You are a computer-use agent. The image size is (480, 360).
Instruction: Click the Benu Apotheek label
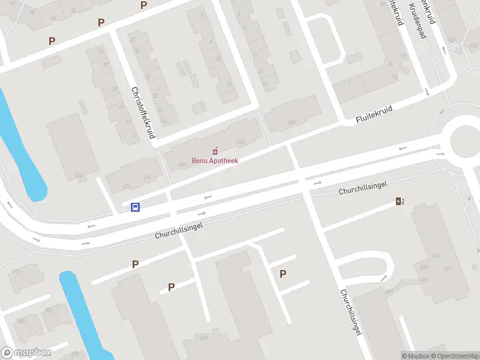[x=215, y=161]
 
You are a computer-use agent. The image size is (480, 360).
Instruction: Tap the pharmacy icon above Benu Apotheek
[x=215, y=150]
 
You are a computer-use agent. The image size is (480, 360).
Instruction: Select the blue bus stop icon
[x=136, y=208]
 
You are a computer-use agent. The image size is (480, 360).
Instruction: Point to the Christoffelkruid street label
[x=142, y=113]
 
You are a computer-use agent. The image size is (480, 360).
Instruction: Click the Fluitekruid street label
[x=373, y=116]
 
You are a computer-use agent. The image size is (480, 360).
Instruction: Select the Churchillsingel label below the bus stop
[x=179, y=230]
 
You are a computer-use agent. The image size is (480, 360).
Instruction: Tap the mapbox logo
[x=26, y=353]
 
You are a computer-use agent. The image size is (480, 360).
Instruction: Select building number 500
[x=78, y=176]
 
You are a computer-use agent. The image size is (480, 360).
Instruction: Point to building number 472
[x=126, y=187]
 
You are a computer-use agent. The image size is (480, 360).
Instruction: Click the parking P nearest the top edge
[x=143, y=5]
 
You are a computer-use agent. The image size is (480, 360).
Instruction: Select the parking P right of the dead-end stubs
[x=283, y=274]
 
